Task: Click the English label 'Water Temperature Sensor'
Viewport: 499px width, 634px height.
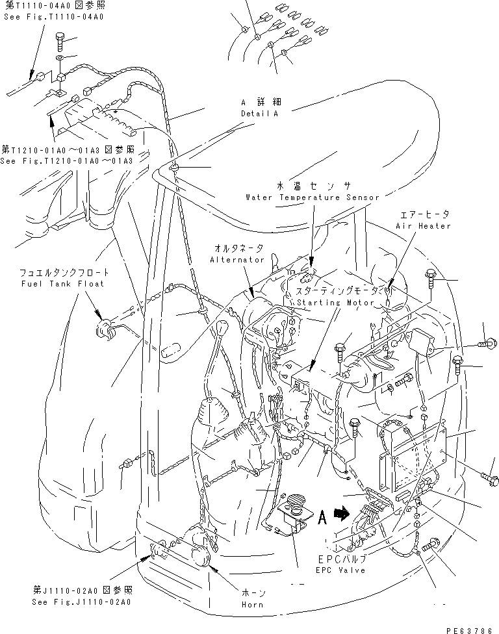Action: pos(302,197)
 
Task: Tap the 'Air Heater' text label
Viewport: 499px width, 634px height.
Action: pos(423,225)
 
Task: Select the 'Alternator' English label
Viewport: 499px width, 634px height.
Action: pos(237,259)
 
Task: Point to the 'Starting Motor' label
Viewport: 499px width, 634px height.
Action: pos(335,303)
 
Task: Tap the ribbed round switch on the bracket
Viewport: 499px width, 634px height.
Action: pos(296,502)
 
